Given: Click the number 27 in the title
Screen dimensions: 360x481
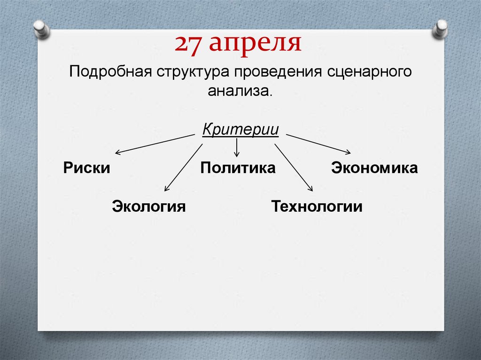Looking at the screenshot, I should (188, 44).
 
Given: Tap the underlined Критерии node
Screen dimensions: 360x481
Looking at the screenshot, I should (240, 129).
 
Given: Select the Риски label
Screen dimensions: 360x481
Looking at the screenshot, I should (86, 168).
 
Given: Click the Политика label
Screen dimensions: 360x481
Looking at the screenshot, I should (238, 168).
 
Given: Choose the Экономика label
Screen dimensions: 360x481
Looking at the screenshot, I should (374, 168).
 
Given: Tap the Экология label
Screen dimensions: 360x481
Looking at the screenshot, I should (149, 206).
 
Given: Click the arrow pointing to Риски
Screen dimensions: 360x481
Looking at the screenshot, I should (155, 144).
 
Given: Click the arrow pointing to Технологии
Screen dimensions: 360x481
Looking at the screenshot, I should (294, 167).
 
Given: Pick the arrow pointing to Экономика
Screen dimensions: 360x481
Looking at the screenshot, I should (318, 144).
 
